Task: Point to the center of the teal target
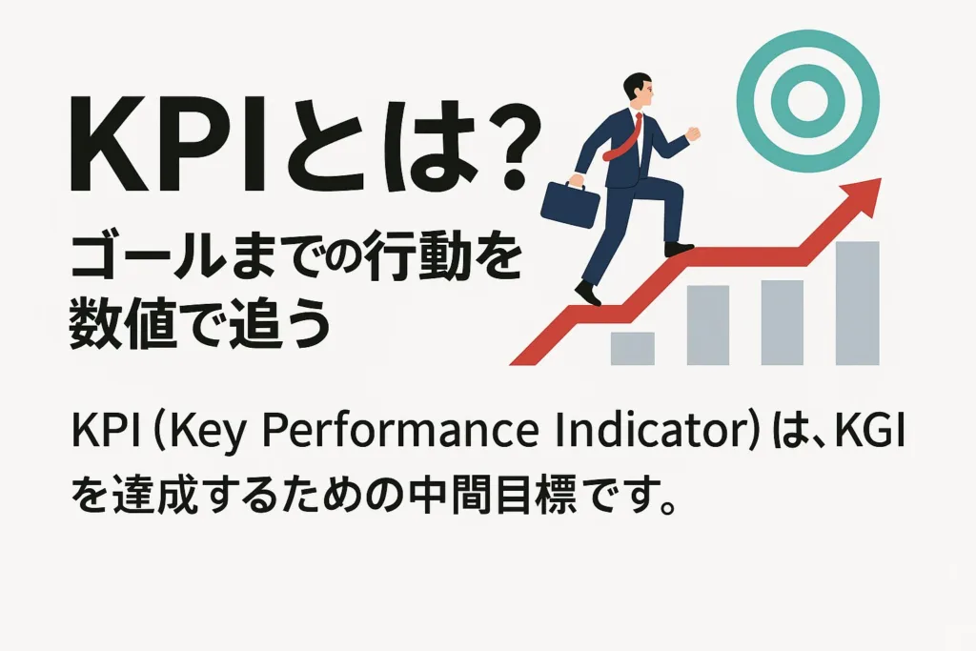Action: click(808, 101)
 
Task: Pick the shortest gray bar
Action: click(633, 349)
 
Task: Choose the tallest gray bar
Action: click(857, 303)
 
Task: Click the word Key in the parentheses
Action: click(200, 431)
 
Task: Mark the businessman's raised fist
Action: click(693, 133)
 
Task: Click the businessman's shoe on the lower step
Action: click(588, 292)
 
